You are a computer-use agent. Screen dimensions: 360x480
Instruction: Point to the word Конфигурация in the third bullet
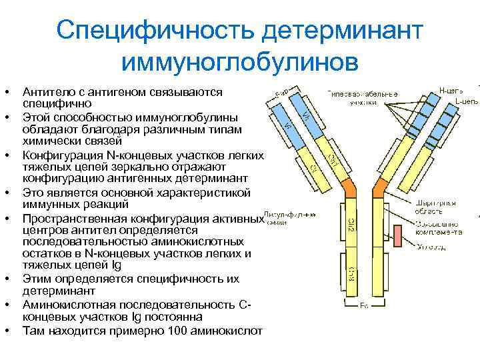click(x=56, y=155)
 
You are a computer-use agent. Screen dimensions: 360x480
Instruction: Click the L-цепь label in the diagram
click(x=465, y=101)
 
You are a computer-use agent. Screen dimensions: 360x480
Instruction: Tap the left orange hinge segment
click(x=348, y=188)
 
